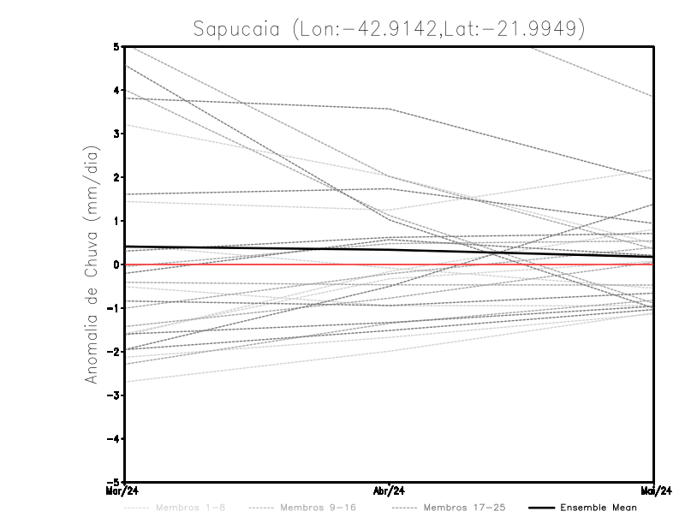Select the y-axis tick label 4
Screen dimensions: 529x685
[117, 90]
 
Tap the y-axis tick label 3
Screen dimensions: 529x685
[117, 134]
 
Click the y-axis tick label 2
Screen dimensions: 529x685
[117, 177]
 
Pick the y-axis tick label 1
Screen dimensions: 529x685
[117, 221]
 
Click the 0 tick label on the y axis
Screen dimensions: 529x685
[117, 264]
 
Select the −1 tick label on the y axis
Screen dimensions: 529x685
[115, 308]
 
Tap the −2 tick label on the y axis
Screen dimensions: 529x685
[115, 352]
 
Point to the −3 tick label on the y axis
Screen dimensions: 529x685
[115, 395]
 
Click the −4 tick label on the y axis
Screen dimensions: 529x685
[115, 439]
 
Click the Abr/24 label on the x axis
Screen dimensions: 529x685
[390, 491]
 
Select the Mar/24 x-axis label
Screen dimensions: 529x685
[125, 491]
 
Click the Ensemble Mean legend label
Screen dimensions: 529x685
[598, 508]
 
